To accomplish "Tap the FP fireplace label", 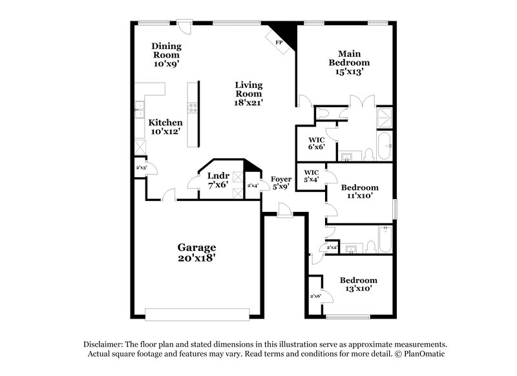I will point(279,42).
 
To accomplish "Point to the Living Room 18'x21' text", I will point(249,93).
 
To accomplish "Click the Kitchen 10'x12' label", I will point(165,127).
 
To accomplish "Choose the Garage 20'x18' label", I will point(197,252).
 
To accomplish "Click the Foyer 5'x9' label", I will point(280,183).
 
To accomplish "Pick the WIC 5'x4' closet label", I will point(311,176).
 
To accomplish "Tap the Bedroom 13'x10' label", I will point(359,285).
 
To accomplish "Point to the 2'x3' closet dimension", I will point(140,168).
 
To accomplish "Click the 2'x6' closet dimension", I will point(316,296).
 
